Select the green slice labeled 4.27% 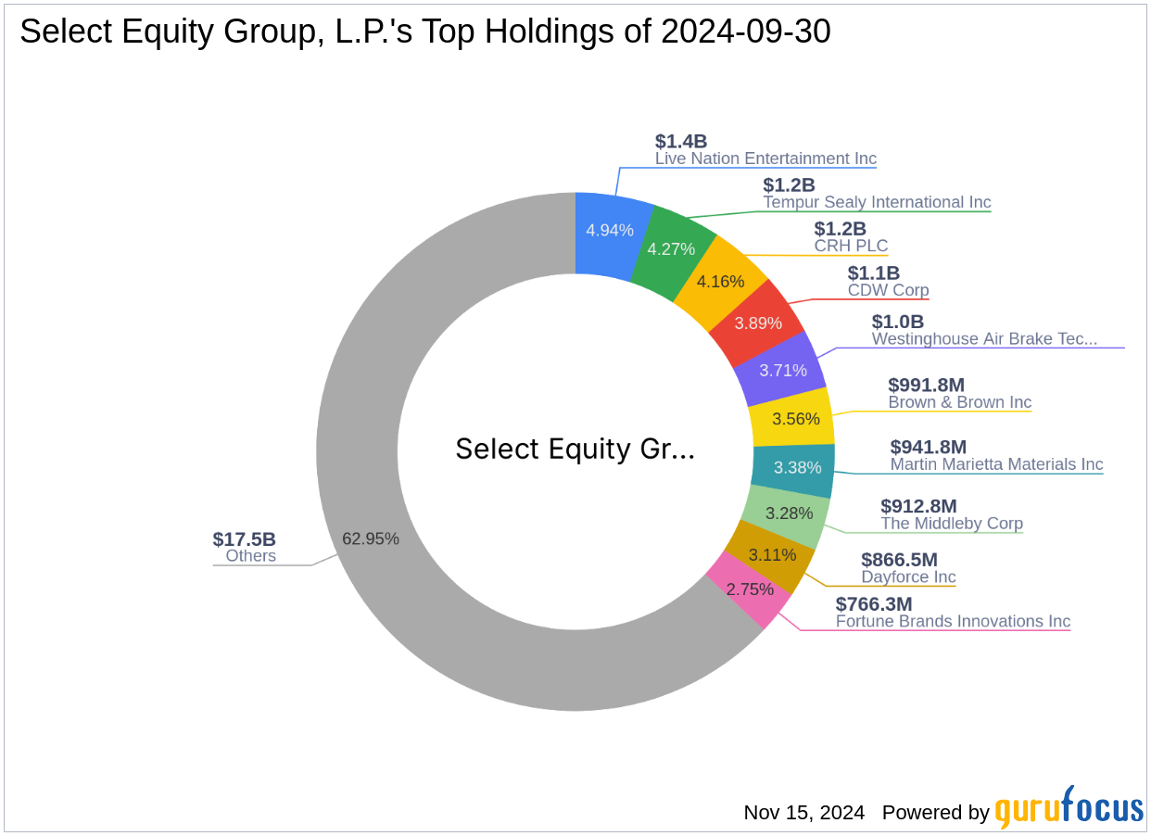671,247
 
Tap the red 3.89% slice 757,323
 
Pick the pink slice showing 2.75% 749,589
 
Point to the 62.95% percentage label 371,538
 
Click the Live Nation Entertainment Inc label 765,158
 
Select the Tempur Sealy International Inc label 877,202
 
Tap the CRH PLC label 851,247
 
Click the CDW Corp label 888,290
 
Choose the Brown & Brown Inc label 959,402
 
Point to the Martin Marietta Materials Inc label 996,464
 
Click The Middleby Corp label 952,524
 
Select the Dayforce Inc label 908,577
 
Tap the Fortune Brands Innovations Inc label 953,621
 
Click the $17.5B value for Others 245,539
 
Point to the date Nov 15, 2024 803,813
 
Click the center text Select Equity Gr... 575,450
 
